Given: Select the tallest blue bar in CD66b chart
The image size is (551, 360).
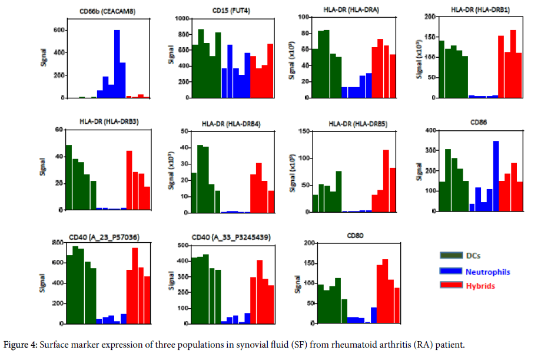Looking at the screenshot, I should tap(117, 64).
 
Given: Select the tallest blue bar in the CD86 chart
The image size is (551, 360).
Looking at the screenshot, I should tap(496, 176).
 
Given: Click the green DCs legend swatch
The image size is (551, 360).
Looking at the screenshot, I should tap(450, 256).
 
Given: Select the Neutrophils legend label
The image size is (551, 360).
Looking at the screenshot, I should tap(487, 272).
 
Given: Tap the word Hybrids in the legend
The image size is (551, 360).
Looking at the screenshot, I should tap(480, 286).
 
